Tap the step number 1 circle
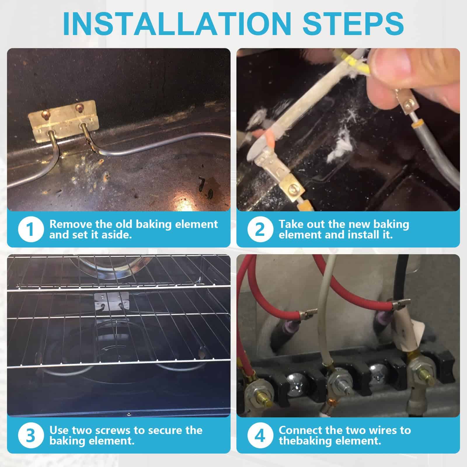coord(30,229)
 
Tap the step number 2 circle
coord(260,229)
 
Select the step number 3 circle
coord(30,435)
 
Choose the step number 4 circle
coord(260,435)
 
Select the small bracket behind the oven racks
coord(112,301)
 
